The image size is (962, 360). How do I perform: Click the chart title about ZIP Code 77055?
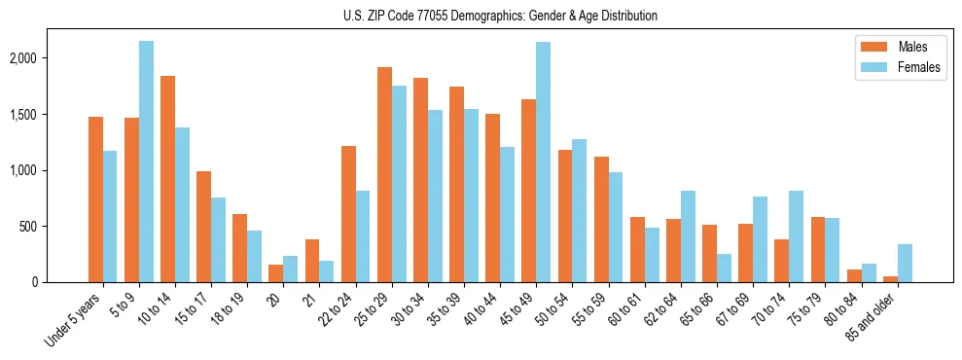click(500, 16)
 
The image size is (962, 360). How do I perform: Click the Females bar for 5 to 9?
click(146, 162)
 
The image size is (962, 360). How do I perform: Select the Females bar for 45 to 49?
click(543, 162)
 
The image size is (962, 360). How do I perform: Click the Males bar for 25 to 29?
click(384, 175)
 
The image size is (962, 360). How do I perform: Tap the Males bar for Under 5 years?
click(95, 199)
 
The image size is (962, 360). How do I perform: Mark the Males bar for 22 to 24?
click(348, 214)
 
